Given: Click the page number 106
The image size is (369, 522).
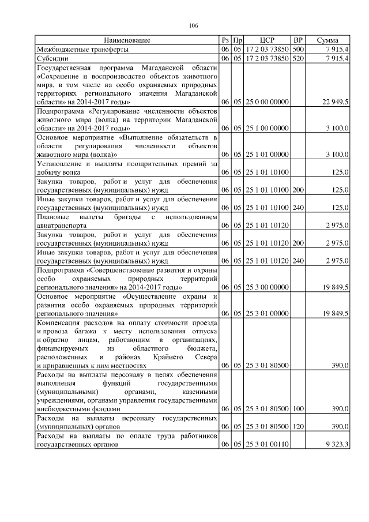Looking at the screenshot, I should [x=193, y=25].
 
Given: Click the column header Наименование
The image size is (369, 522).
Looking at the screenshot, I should [x=127, y=40].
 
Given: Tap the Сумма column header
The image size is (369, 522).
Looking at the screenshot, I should [x=327, y=40].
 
